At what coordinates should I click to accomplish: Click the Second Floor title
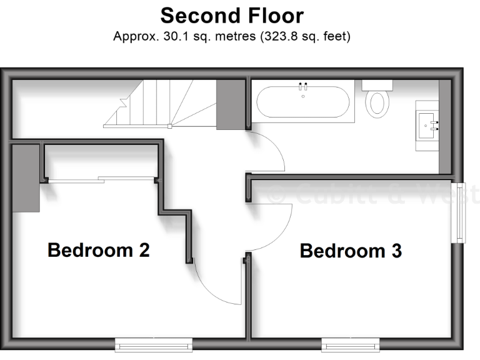[x=232, y=15]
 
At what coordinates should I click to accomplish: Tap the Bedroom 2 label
[x=99, y=250]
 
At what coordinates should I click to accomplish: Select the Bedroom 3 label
[x=351, y=251]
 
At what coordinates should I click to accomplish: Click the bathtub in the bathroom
[x=304, y=102]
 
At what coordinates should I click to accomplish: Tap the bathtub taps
[x=304, y=86]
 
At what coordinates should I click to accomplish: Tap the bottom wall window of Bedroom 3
[x=350, y=344]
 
